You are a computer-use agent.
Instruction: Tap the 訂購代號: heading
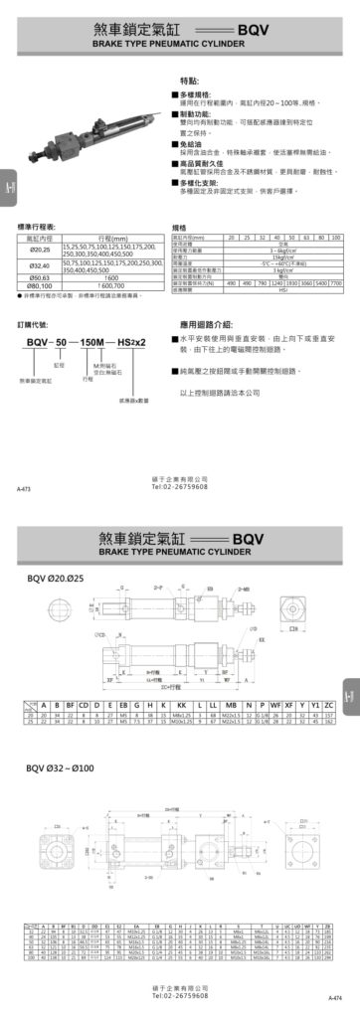[x=34, y=324]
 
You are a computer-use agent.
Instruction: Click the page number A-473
[x=24, y=490]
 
